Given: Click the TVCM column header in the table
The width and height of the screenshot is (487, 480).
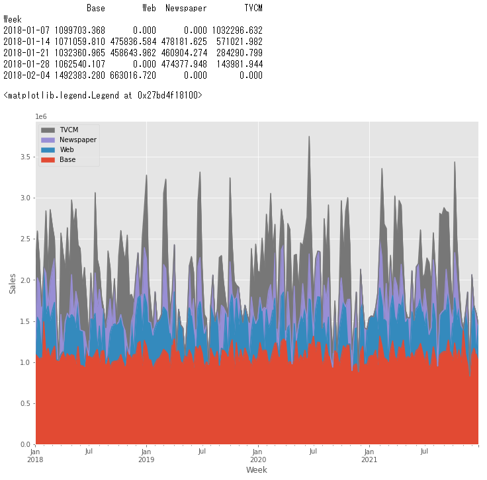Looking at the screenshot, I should tap(253, 9).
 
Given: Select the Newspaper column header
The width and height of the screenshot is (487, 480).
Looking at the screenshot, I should tap(186, 9).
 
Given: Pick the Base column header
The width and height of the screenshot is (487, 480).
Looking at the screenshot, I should tap(96, 9).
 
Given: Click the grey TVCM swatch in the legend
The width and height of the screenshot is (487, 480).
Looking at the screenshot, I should tap(48, 130).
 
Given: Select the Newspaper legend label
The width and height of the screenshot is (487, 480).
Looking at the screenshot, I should tap(78, 140).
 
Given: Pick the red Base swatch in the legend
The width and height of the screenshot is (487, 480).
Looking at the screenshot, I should tap(48, 159).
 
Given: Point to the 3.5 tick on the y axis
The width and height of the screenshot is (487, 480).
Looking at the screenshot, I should tap(25, 157).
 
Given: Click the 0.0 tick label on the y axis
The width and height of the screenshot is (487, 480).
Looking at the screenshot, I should tap(25, 444).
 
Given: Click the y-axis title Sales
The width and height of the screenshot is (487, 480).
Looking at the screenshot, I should tap(12, 283).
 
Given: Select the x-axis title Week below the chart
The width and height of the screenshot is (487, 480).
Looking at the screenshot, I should tap(256, 470).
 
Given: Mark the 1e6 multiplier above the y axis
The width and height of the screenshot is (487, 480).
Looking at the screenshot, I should tap(42, 117).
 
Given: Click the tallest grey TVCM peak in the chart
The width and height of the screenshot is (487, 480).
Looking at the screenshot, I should tap(309, 137).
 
